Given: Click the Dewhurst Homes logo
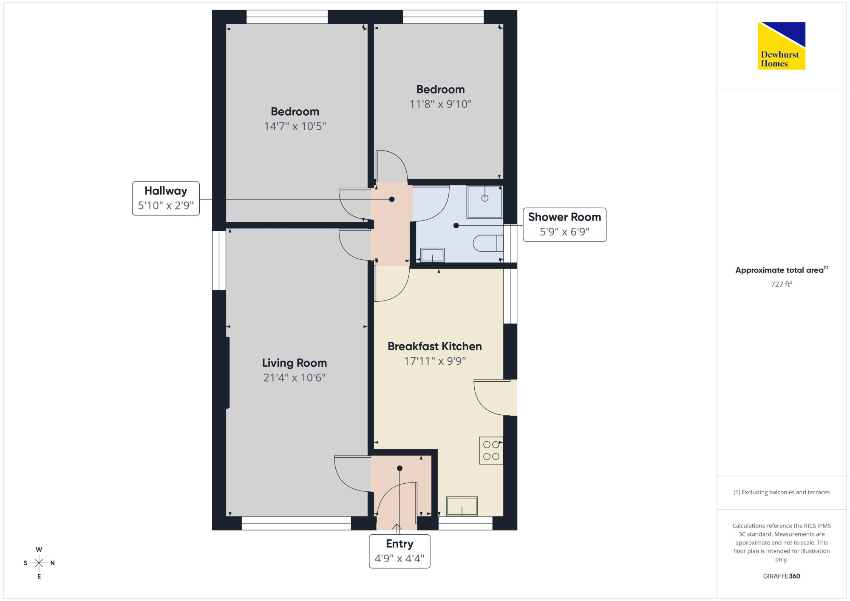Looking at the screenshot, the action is pos(781,45).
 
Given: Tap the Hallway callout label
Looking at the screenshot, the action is pos(166,198).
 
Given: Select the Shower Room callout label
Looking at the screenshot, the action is pos(564,225).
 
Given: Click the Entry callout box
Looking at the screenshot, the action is pos(399,551).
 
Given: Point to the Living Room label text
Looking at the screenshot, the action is pos(295,363).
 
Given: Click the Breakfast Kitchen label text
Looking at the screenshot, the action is pos(435,346).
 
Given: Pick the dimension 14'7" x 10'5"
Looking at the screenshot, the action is pos(295,126).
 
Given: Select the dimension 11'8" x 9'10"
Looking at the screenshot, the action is pos(441,104).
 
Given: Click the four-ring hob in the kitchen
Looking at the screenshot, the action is pos(491,451).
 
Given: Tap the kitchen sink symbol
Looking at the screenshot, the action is pos(462,506).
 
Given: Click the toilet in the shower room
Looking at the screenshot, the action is pos(488,243).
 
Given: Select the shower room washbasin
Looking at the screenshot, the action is pos(432,255).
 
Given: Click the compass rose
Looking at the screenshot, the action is pos(39,563).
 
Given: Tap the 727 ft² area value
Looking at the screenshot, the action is pos(782,284).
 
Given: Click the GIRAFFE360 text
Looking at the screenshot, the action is pos(782,576).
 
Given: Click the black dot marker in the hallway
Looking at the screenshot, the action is pos(392,199).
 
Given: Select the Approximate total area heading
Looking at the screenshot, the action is pos(782,270).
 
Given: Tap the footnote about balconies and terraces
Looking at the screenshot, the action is pos(782,492).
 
